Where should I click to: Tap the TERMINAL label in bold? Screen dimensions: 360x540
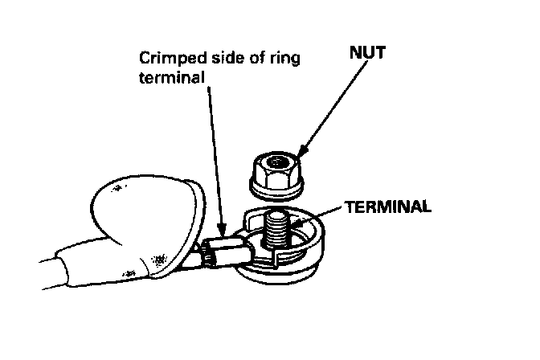point(387,205)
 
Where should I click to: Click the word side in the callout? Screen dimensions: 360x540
point(215,59)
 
